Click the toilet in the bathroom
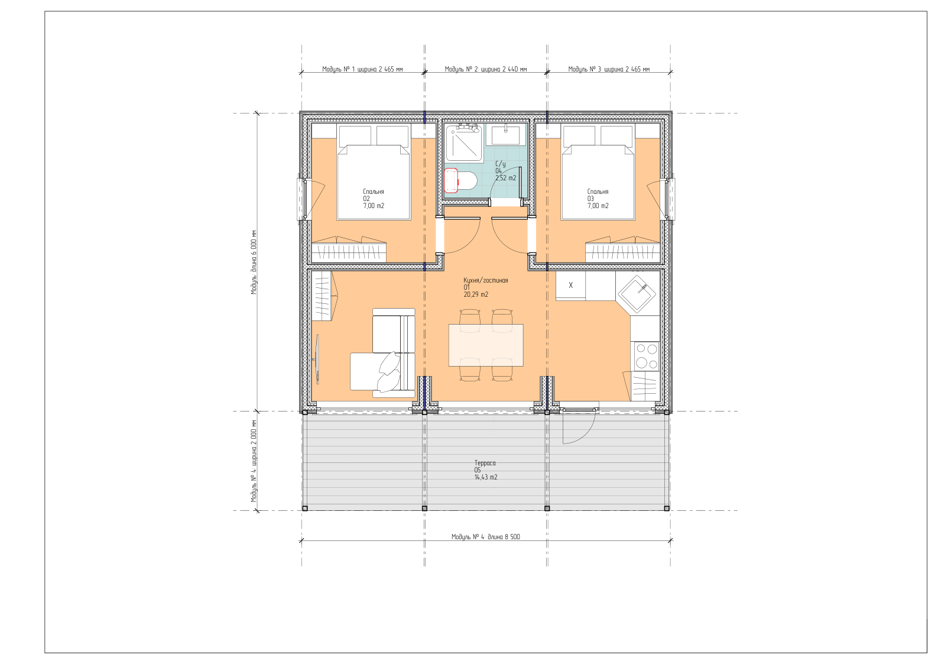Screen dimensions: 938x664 (x=460, y=180)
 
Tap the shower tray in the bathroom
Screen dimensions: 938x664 (x=464, y=143)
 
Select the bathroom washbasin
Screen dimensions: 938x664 (x=505, y=135)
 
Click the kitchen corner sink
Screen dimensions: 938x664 (x=638, y=294)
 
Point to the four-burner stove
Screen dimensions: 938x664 (x=647, y=356)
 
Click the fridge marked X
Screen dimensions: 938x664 (x=570, y=286)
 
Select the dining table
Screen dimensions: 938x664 (x=486, y=345)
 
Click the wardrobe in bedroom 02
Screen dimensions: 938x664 (x=349, y=250)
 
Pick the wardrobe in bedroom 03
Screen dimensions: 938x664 (x=623, y=250)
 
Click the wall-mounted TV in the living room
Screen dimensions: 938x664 (x=317, y=359)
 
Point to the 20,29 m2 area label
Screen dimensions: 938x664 (x=476, y=294)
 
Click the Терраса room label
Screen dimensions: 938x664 (x=485, y=463)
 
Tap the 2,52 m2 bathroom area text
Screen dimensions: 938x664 (x=506, y=178)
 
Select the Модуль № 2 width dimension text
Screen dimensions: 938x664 (x=486, y=69)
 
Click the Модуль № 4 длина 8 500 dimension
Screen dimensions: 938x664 (x=486, y=537)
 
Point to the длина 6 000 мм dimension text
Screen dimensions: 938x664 (x=254, y=263)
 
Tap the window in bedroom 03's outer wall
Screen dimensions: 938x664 (x=670, y=199)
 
